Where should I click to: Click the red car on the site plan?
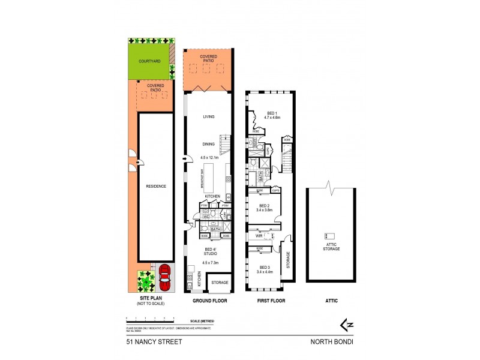pyautogui.click(x=164, y=278)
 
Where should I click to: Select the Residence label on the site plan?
pyautogui.click(x=155, y=186)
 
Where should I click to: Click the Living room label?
pyautogui.click(x=208, y=117)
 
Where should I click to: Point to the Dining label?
pyautogui.click(x=208, y=144)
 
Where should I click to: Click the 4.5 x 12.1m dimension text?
pyautogui.click(x=209, y=158)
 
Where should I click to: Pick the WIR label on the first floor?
pyautogui.click(x=259, y=236)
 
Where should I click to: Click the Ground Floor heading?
pyautogui.click(x=209, y=300)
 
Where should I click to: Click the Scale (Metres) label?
pyautogui.click(x=202, y=322)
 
